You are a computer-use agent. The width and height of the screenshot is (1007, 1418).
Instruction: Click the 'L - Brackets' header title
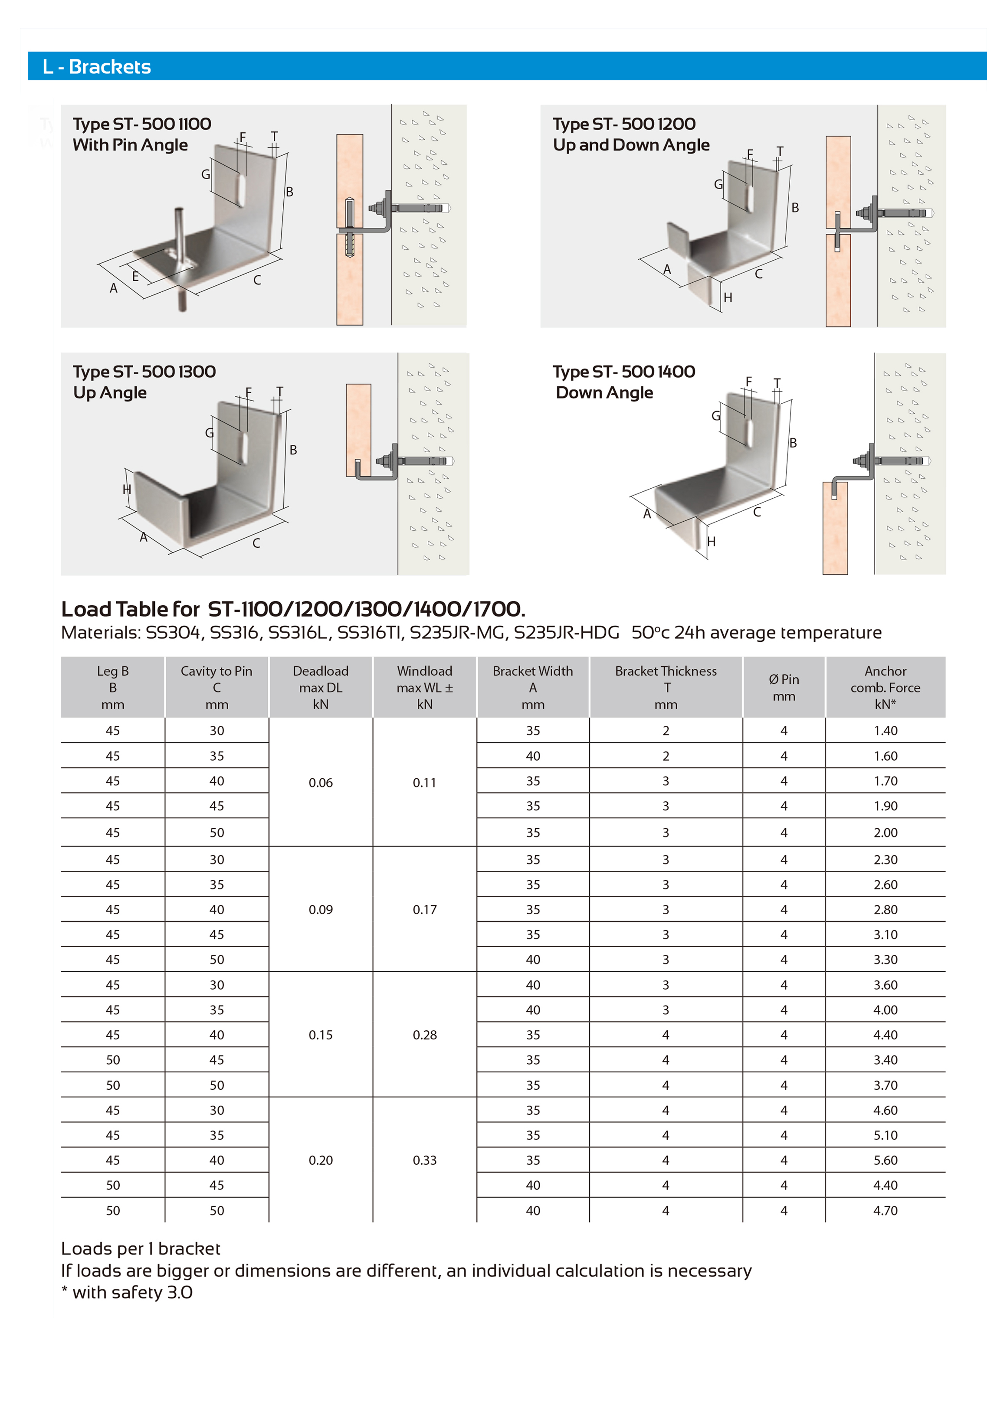pos(97,66)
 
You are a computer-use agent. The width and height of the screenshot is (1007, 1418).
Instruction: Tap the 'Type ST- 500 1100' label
pos(142,124)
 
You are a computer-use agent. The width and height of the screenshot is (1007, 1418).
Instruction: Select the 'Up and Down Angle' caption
pos(631,145)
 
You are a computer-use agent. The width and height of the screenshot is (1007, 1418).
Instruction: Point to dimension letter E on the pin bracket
pos(135,276)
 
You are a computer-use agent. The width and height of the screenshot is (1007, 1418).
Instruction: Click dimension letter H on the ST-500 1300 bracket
pos(127,490)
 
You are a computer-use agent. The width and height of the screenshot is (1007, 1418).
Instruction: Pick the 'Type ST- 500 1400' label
pos(624,372)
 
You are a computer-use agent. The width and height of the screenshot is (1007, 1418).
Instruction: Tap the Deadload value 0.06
pos(321,783)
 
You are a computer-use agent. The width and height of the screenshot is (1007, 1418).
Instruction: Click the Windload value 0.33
pos(425,1160)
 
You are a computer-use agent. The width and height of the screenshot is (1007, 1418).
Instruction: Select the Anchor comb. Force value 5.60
pos(885,1160)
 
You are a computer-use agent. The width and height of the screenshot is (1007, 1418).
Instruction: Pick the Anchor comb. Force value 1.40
pos(885,731)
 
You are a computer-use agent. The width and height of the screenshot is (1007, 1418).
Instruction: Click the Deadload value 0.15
pos(321,1035)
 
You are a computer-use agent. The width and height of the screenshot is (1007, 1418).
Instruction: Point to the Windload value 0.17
pos(425,910)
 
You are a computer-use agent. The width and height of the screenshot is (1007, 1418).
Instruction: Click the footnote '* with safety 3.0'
pos(127,1292)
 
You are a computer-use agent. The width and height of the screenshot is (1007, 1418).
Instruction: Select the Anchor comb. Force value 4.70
pos(885,1210)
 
